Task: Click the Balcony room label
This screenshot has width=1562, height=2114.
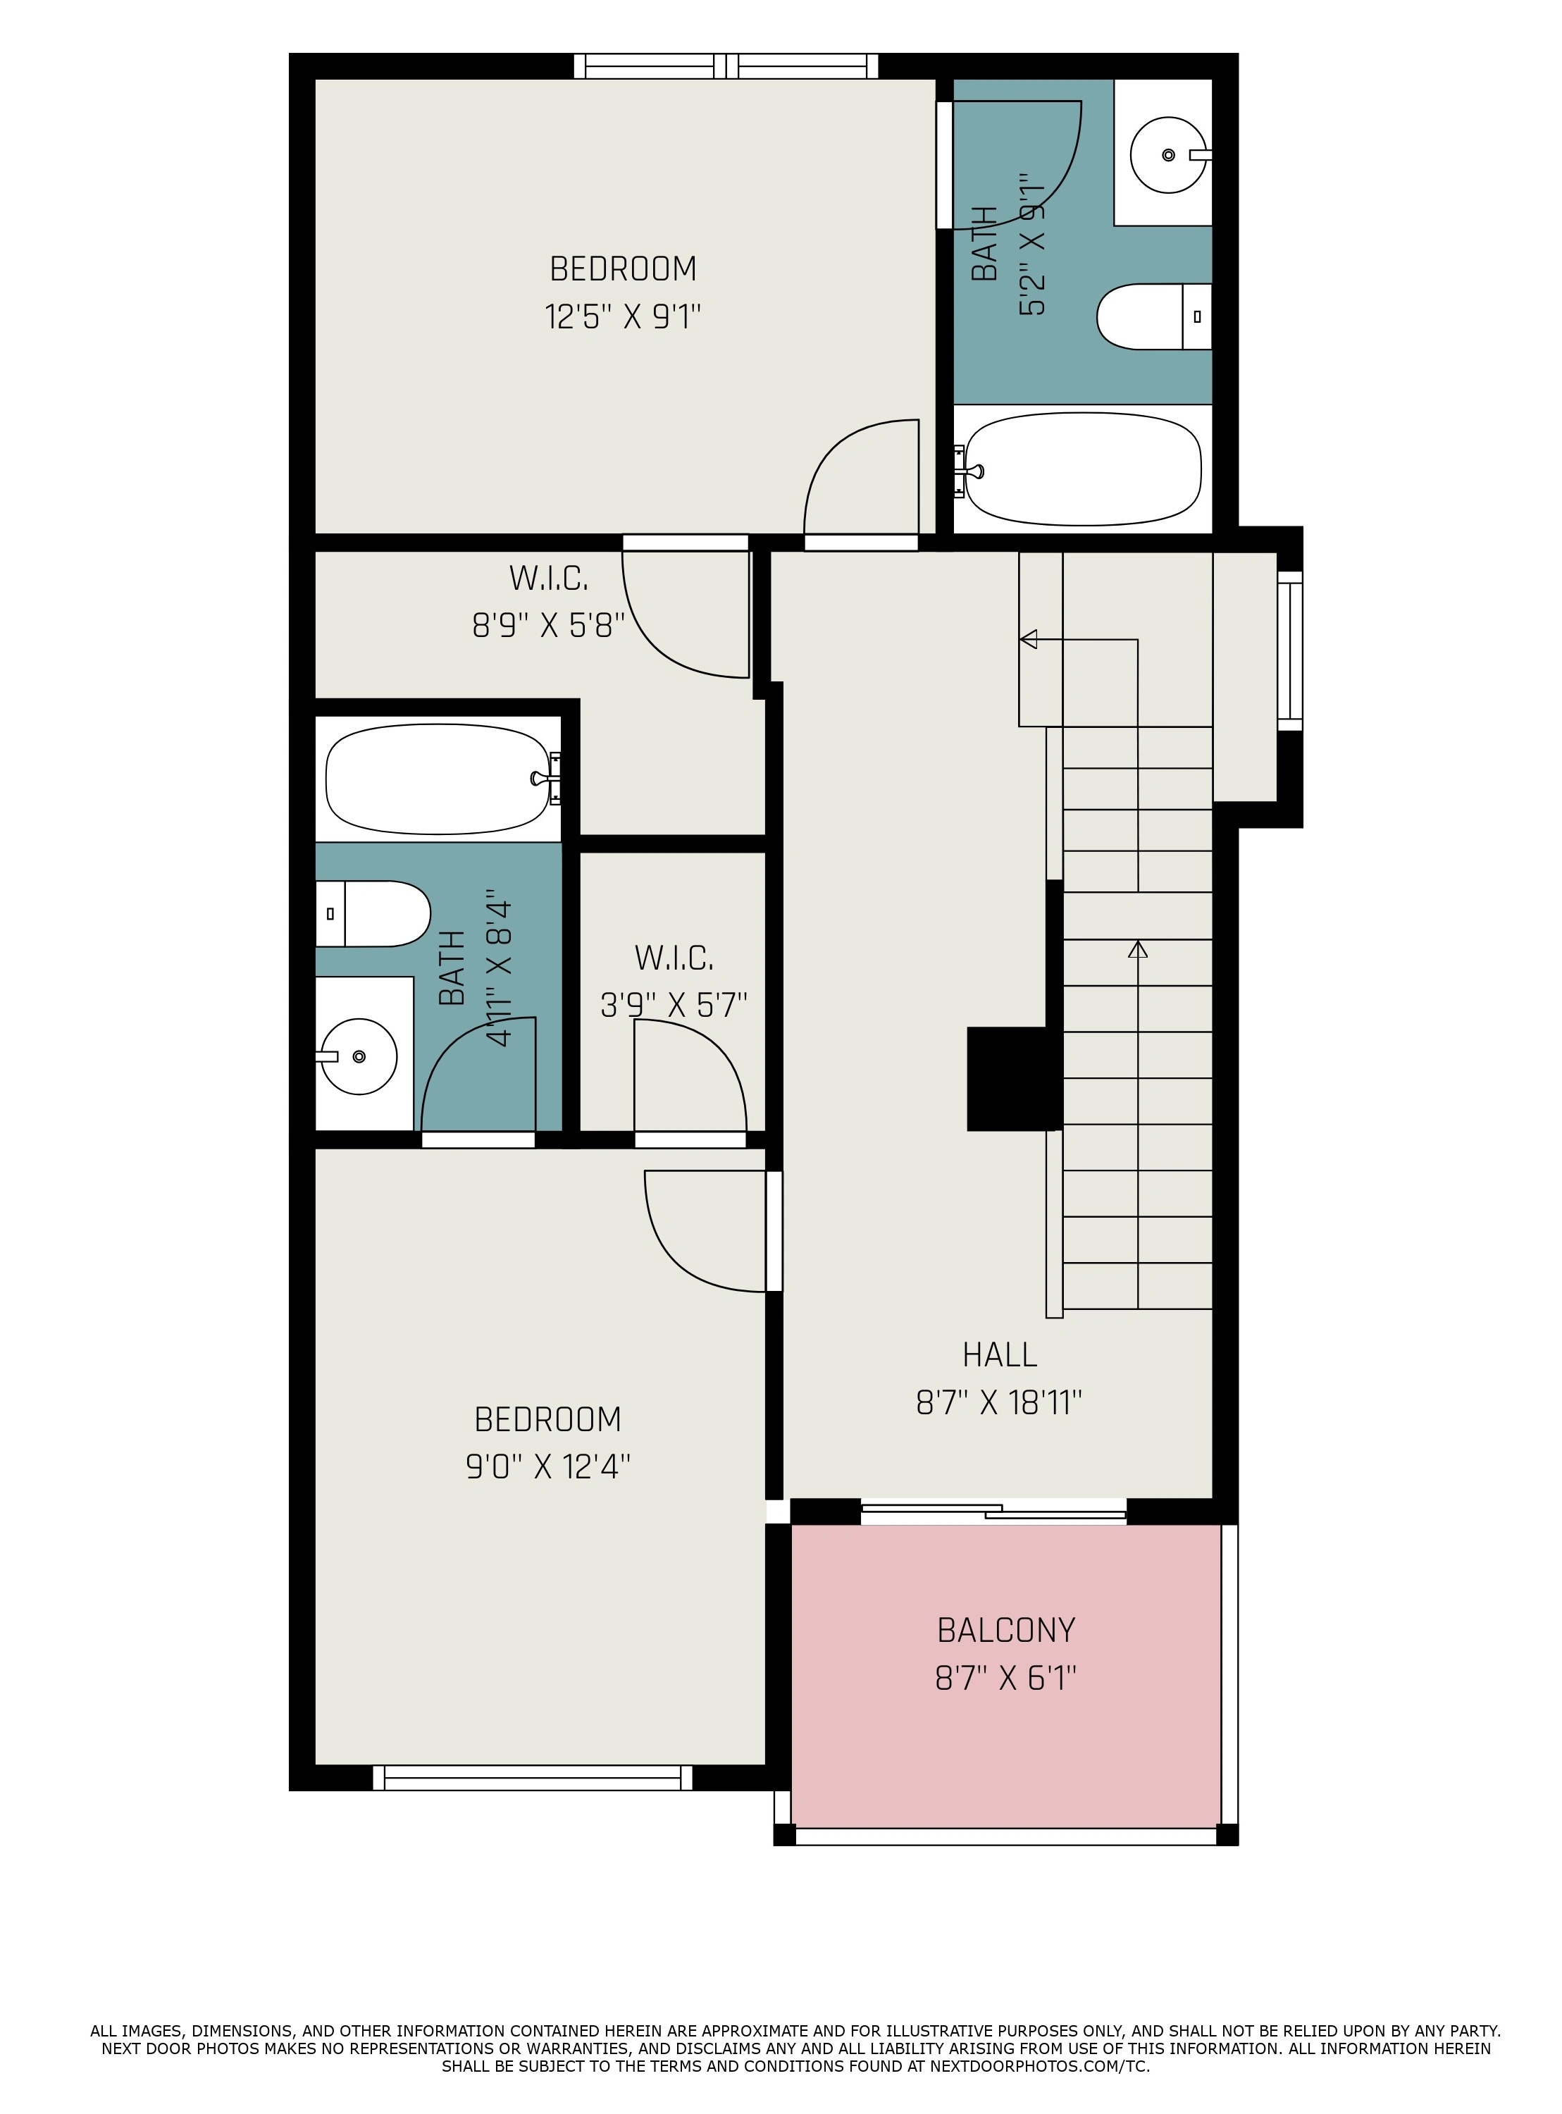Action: (x=1006, y=1630)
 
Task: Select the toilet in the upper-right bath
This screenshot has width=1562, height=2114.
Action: (x=1153, y=316)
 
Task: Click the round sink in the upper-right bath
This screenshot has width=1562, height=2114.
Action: (x=1170, y=155)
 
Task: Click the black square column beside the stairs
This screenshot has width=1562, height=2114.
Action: (x=1011, y=1079)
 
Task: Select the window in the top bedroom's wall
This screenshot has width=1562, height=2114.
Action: (x=726, y=66)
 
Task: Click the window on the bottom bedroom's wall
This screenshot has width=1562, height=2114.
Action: (x=533, y=1777)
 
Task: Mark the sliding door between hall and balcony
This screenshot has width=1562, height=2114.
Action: (x=993, y=1512)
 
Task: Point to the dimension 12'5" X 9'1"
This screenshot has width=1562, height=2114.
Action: (x=623, y=316)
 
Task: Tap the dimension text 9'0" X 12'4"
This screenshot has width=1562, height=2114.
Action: (x=548, y=1466)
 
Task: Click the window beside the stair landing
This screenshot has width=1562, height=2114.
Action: (x=1291, y=650)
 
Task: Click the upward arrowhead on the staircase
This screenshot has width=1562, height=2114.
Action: (x=1137, y=948)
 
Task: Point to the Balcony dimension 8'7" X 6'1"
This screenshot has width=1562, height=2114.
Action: (x=1006, y=1678)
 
